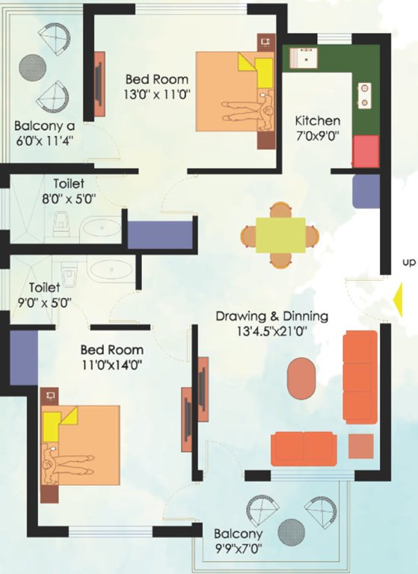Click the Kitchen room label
tap(317, 120)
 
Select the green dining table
tap(280, 235)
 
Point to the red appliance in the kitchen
tap(366, 152)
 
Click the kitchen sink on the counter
tap(305, 57)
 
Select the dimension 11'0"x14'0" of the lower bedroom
tap(111, 365)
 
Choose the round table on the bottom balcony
tap(292, 532)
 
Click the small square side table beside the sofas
tap(360, 446)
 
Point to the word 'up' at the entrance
tap(408, 262)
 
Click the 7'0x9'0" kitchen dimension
tap(317, 137)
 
